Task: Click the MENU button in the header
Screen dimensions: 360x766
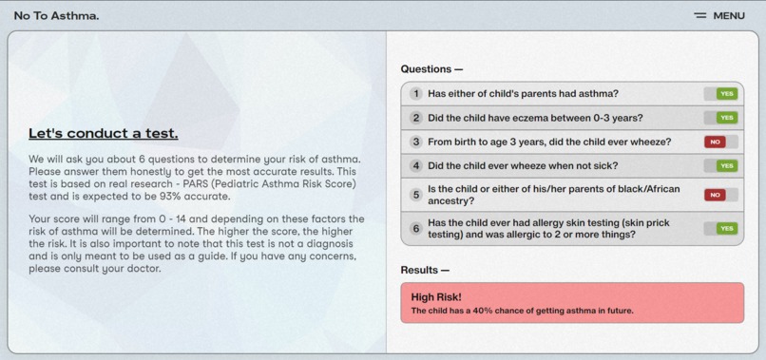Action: pyautogui.click(x=719, y=15)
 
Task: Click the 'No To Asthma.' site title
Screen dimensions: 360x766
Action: pyautogui.click(x=56, y=15)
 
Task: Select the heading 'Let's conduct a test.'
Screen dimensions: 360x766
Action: pyautogui.click(x=103, y=133)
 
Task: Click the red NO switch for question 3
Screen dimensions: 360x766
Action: pyautogui.click(x=720, y=142)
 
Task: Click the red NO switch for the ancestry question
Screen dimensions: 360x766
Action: pyautogui.click(x=720, y=195)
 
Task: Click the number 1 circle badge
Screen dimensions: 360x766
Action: pyautogui.click(x=416, y=94)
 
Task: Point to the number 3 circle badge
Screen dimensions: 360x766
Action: pyautogui.click(x=416, y=142)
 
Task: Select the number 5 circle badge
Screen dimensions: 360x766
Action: pyautogui.click(x=416, y=195)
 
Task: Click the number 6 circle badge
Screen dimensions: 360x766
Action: pyautogui.click(x=416, y=229)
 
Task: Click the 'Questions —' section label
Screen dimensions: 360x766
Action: pyautogui.click(x=431, y=69)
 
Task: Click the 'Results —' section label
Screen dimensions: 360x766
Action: pyautogui.click(x=425, y=270)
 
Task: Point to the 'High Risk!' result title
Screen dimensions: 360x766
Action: pyautogui.click(x=435, y=296)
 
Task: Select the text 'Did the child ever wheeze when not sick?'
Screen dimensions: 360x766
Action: pyautogui.click(x=523, y=165)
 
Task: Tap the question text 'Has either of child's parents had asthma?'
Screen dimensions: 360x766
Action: pyautogui.click(x=523, y=94)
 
